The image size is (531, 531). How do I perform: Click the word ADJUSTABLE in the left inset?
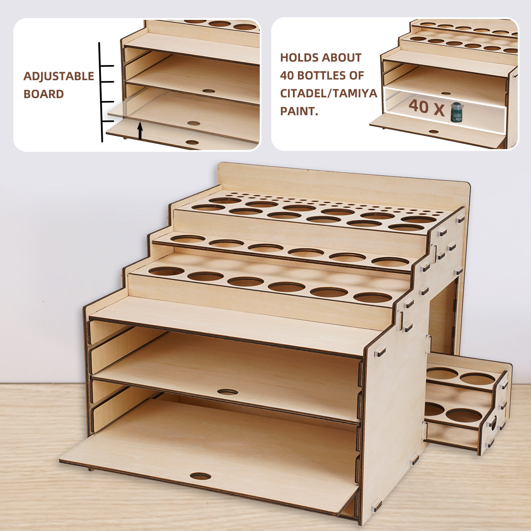pos(58,76)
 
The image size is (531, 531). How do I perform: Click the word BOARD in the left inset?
pos(43,94)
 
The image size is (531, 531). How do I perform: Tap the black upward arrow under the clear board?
pos(140,131)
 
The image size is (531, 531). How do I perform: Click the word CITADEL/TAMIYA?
pos(328,93)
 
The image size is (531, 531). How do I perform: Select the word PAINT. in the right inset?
pos(299,111)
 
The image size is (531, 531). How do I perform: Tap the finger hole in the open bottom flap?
pos(200,476)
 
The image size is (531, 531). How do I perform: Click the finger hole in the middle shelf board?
pos(227,392)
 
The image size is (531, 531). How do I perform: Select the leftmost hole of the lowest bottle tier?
pos(166,271)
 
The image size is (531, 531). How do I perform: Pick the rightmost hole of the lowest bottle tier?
pos(373,297)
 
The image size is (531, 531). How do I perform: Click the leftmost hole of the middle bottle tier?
pos(187,239)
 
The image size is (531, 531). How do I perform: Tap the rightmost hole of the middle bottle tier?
pos(390,262)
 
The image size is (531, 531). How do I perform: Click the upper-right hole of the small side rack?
pos(477,379)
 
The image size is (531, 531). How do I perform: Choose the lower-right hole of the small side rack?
pos(464,416)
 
